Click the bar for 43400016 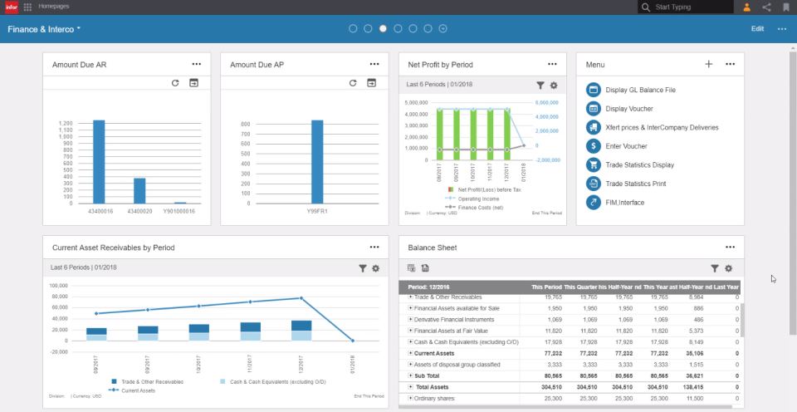click(99, 162)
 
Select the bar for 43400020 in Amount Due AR click(139, 191)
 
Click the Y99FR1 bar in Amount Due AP click(317, 162)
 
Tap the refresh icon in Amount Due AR click(175, 83)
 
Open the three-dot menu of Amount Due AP click(374, 64)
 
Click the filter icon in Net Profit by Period click(540, 85)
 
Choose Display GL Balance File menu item click(640, 90)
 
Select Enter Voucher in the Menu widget click(626, 145)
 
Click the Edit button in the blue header click(757, 28)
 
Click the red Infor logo click(11, 7)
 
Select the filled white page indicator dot click(383, 28)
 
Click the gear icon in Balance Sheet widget click(728, 268)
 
